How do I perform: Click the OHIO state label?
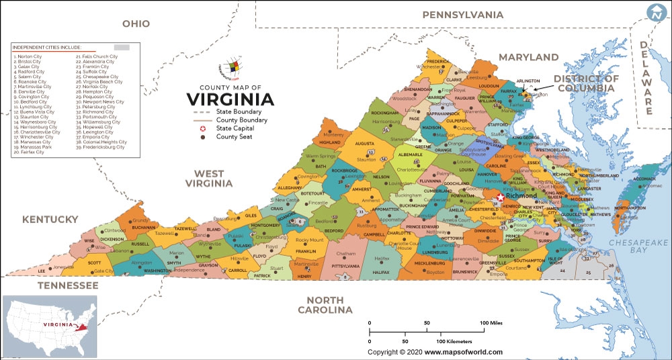pyautogui.click(x=135, y=24)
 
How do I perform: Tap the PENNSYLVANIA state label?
pyautogui.click(x=462, y=15)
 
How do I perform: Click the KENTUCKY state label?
pyautogui.click(x=50, y=220)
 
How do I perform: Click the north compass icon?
pyautogui.click(x=656, y=13)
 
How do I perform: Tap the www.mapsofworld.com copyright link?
pyautogui.click(x=463, y=352)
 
